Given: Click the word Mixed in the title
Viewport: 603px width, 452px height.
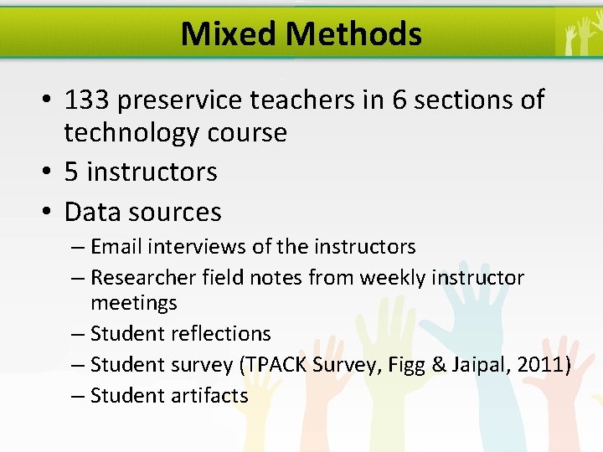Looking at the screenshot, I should coord(229,34).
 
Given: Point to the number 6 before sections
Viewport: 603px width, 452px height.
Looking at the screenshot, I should coord(400,100).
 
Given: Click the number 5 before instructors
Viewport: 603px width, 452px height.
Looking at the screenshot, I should coord(71,172).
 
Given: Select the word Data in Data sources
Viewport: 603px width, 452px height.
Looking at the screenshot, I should coord(92,212).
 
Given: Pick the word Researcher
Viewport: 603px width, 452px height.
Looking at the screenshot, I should coord(137,277).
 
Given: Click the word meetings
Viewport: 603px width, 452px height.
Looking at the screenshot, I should coord(133,301).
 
